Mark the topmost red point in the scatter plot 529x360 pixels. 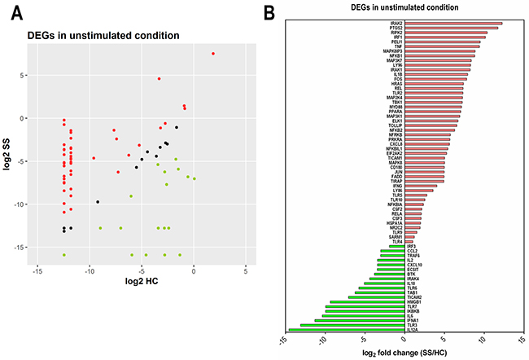[213, 54]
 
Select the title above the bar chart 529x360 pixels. [403, 7]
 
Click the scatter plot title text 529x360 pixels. [103, 34]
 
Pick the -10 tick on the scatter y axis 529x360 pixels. [22, 204]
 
